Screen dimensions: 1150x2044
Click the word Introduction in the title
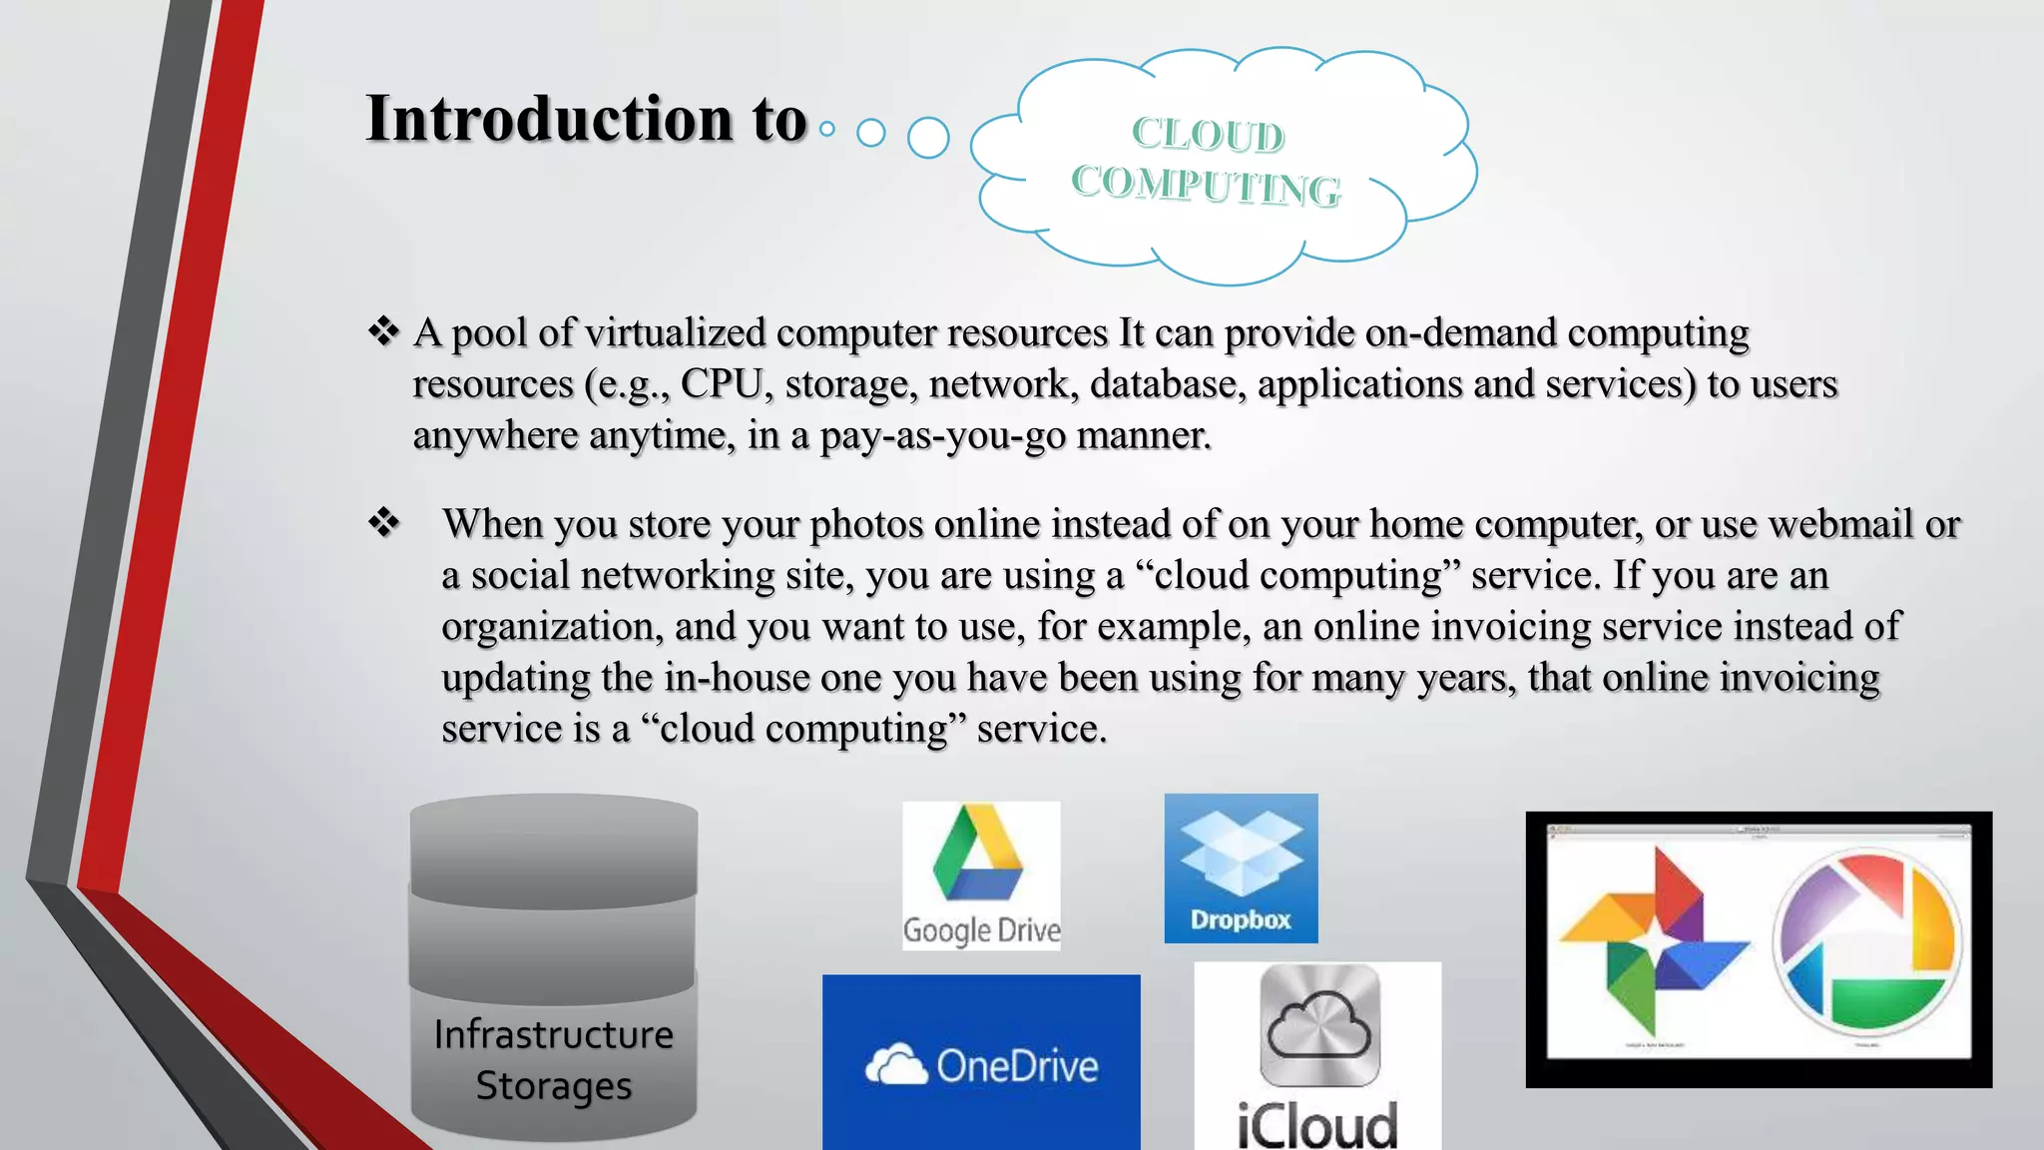click(549, 120)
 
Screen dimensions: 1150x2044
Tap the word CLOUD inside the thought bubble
click(1208, 135)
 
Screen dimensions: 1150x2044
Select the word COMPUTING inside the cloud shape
click(1206, 186)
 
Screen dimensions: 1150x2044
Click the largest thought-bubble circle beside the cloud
click(928, 138)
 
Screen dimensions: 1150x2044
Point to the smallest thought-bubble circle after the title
click(826, 129)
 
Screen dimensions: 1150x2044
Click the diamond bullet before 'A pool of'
click(383, 331)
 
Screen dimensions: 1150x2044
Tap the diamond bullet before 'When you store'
click(383, 522)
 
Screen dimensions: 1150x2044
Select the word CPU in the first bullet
click(722, 384)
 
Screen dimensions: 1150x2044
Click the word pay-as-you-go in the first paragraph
click(943, 436)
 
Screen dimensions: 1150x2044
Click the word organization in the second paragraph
click(551, 627)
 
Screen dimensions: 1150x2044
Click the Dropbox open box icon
click(1241, 852)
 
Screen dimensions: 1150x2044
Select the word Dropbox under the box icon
click(1241, 919)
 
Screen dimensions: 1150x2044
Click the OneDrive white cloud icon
click(895, 1065)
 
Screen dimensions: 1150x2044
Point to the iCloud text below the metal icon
click(1316, 1124)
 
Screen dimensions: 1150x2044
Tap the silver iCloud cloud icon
click(1319, 1025)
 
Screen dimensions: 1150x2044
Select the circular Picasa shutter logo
click(1866, 939)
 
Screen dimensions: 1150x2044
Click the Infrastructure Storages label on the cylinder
click(554, 1060)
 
